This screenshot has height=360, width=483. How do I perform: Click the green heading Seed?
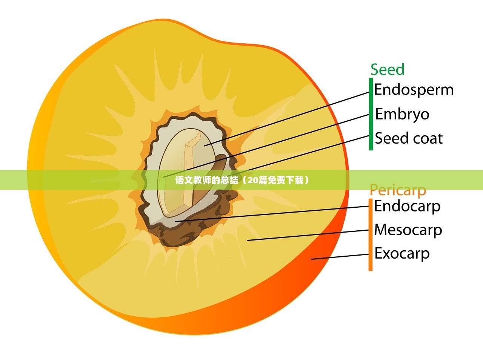point(387,70)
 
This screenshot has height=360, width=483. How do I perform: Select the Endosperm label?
point(414,90)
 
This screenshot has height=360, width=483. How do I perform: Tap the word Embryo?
point(402,114)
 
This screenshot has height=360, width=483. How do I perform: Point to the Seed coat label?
point(408,138)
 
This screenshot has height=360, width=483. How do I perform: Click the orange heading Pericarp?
point(397,190)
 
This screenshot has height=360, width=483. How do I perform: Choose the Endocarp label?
point(407,206)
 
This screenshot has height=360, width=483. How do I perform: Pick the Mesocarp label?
point(408,230)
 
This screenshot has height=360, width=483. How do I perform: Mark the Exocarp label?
point(402,253)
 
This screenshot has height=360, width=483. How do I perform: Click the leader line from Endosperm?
point(287,118)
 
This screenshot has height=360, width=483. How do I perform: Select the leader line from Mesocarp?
point(308,235)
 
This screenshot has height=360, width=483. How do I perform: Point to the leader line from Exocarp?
point(340,257)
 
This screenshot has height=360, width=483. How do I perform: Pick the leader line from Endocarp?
point(272,213)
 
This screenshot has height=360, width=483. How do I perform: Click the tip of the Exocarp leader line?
point(312,259)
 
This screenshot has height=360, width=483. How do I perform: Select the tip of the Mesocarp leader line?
point(248,240)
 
